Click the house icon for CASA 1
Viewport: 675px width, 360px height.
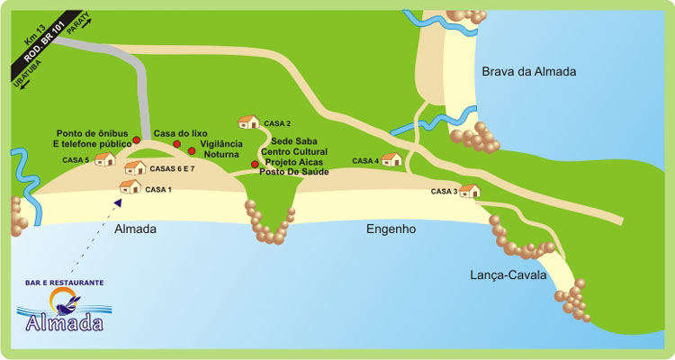click(130, 186)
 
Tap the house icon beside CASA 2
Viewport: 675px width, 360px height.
click(248, 121)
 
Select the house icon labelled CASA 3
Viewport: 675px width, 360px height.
click(469, 190)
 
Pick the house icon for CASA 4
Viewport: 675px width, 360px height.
click(391, 159)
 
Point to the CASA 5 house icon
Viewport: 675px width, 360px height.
click(104, 159)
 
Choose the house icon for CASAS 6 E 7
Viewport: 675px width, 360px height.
click(135, 167)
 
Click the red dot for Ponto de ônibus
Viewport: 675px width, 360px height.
click(137, 140)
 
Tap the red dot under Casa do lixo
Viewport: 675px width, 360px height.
click(177, 144)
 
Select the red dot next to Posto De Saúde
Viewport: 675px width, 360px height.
click(255, 165)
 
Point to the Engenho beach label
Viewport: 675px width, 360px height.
click(391, 229)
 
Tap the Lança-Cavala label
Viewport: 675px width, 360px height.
click(508, 275)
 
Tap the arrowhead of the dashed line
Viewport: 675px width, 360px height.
click(118, 202)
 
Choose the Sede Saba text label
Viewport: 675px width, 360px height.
click(293, 142)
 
